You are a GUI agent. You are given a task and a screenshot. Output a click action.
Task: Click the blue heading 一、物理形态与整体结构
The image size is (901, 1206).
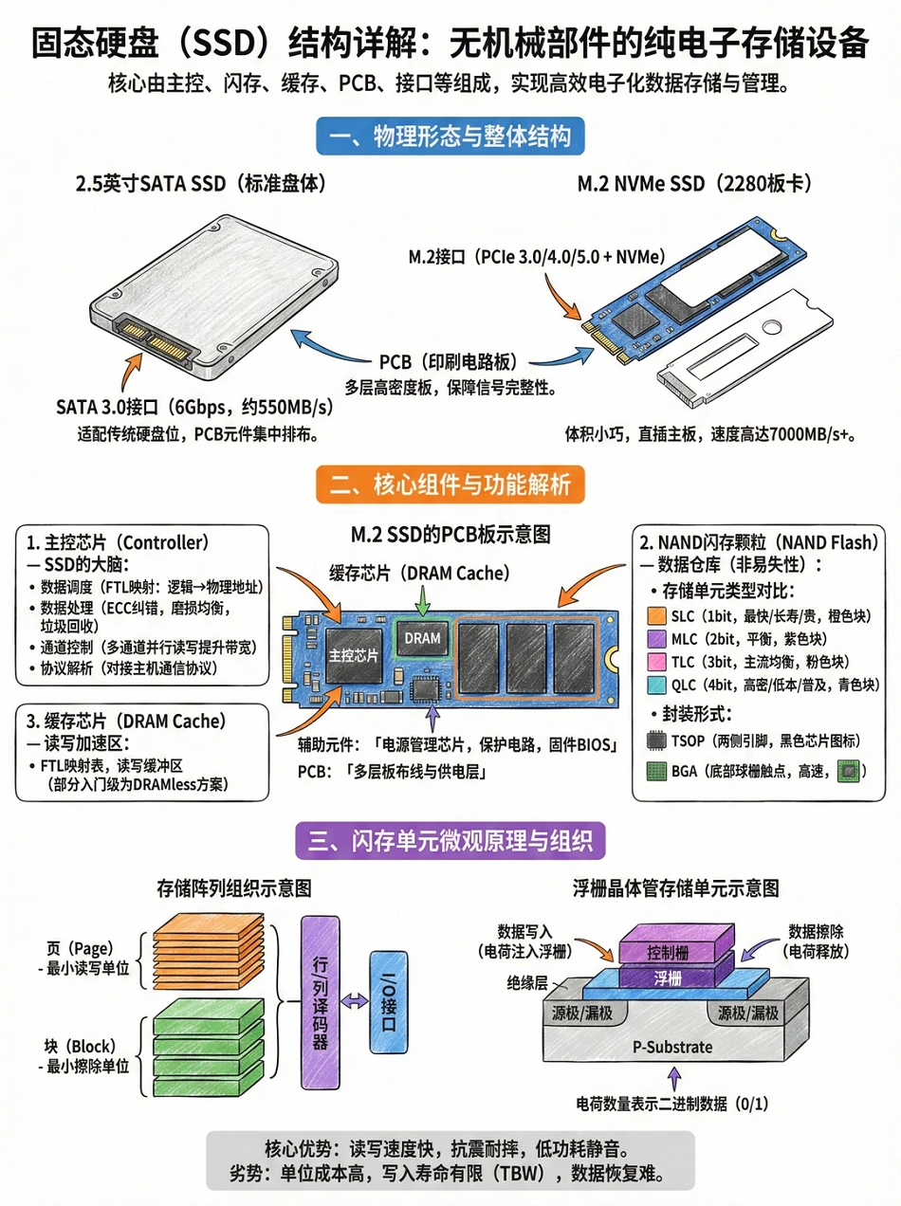[450, 137]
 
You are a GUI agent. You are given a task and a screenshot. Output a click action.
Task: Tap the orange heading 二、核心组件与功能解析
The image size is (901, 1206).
[450, 484]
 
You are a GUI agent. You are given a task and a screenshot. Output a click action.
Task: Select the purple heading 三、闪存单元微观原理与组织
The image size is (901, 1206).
[450, 840]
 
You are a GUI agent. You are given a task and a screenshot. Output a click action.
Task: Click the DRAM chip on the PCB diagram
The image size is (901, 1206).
[422, 638]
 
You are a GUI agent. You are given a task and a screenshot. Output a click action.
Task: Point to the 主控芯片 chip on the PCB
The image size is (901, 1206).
[353, 655]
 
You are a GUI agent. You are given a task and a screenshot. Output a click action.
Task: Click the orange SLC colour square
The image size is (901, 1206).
[656, 616]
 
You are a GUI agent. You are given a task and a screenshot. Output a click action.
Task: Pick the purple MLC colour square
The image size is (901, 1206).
[656, 639]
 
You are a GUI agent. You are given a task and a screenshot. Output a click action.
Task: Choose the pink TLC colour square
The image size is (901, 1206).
[656, 662]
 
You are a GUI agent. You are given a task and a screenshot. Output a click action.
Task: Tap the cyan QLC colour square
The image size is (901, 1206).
[656, 685]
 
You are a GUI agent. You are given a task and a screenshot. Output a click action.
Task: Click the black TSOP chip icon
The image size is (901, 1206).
[656, 740]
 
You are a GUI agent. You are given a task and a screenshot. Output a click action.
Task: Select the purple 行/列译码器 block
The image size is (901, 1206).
[321, 1002]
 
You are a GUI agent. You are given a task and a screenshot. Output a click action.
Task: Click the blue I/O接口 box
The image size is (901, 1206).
[389, 1002]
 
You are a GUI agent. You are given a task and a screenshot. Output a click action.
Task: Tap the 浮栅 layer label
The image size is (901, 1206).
[668, 978]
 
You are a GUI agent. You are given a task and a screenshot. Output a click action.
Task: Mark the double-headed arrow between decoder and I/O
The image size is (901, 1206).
[355, 1001]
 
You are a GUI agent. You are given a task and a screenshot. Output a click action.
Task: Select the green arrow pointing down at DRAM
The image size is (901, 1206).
[422, 601]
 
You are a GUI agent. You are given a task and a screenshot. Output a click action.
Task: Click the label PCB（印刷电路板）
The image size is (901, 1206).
[449, 361]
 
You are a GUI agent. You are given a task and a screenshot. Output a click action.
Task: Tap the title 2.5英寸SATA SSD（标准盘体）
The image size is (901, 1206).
[201, 184]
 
